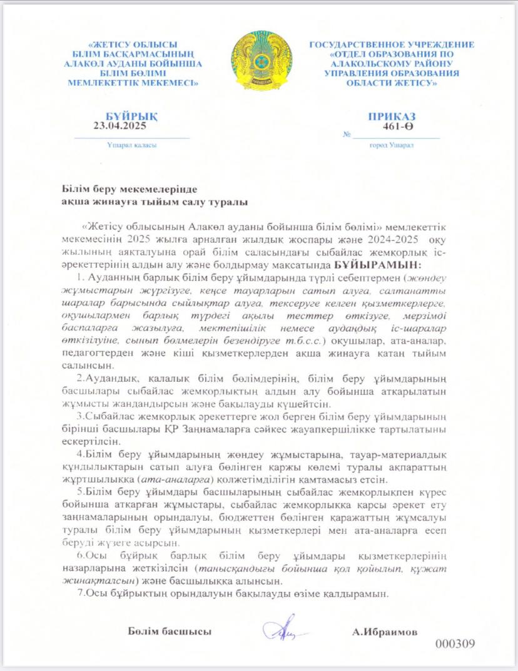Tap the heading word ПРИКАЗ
pyautogui.click(x=392, y=116)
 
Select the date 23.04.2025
pyautogui.click(x=119, y=125)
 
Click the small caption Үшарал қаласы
pyautogui.click(x=131, y=145)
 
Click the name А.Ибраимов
pyautogui.click(x=385, y=632)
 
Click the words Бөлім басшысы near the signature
pyautogui.click(x=170, y=631)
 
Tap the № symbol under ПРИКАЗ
pyautogui.click(x=347, y=135)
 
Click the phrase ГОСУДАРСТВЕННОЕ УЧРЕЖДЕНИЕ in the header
pyautogui.click(x=392, y=45)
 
